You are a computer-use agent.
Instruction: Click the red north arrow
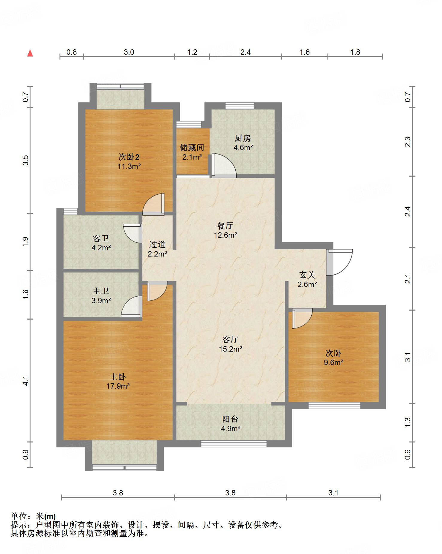tap(30, 53)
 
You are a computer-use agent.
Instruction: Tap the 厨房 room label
tap(243, 138)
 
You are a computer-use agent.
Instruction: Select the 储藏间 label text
tap(192, 147)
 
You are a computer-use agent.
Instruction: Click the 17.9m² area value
tap(118, 386)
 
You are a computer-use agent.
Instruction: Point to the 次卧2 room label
tap(129, 157)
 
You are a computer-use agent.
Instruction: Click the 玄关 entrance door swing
tap(339, 262)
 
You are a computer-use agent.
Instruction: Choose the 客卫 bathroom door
tap(132, 233)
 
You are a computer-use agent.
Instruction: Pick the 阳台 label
tap(230, 419)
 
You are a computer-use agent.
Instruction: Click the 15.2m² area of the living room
tap(230, 349)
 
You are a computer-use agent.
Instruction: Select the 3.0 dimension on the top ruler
tap(129, 52)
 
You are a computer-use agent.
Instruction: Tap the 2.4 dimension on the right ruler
tap(408, 212)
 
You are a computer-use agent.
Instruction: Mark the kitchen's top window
tap(240, 106)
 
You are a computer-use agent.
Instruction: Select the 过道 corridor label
tap(157, 244)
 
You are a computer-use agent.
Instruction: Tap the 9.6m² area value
tap(333, 362)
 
